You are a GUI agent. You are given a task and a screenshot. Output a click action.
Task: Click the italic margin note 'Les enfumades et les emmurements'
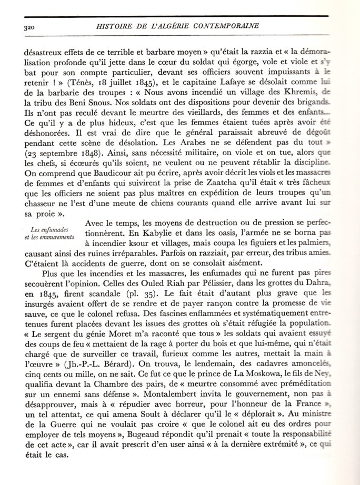pos(51,232)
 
